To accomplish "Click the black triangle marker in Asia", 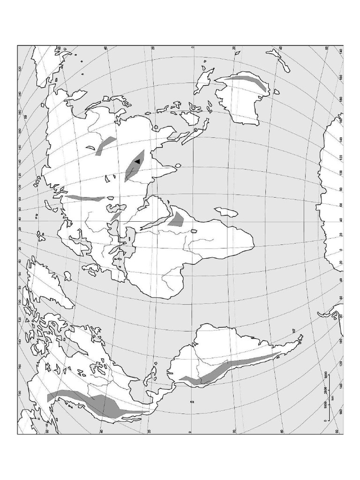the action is pyautogui.click(x=137, y=161).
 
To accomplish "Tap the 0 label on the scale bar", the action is pyautogui.click(x=325, y=421).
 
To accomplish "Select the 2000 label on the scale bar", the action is pyautogui.click(x=325, y=390).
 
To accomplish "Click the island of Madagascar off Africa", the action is pyautogui.click(x=226, y=212).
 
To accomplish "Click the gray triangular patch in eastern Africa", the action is pyautogui.click(x=177, y=219).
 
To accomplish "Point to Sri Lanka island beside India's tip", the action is pyautogui.click(x=178, y=165).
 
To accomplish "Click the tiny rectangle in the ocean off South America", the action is pyautogui.click(x=191, y=402).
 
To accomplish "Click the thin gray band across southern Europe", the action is pyautogui.click(x=84, y=198).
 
